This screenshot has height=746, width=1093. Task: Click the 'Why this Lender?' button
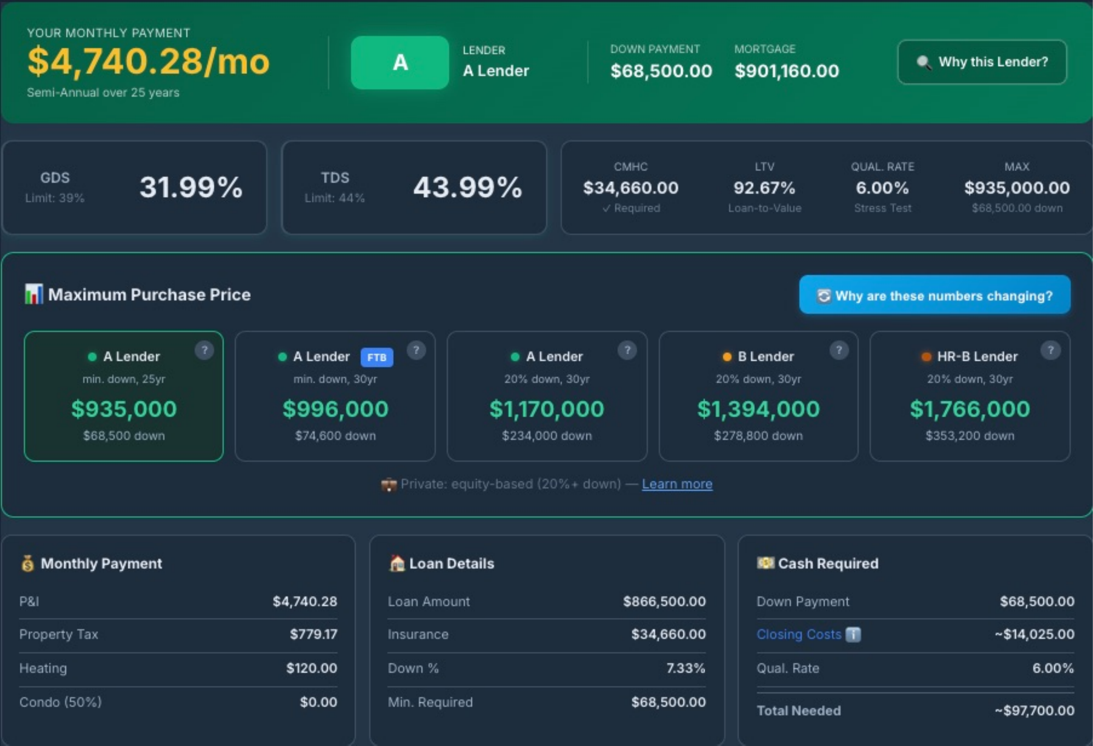tap(982, 62)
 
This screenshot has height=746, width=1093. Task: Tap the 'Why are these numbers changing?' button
tap(935, 295)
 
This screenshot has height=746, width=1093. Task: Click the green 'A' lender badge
tap(400, 62)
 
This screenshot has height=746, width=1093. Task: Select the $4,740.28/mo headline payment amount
tap(148, 62)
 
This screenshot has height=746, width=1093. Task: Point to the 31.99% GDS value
tap(191, 187)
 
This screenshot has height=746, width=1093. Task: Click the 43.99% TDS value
tap(468, 187)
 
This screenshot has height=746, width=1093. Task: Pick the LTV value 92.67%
tap(764, 188)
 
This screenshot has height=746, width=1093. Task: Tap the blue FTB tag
tap(377, 357)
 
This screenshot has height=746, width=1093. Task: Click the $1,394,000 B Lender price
tap(758, 409)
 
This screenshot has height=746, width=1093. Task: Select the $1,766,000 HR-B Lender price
tap(970, 409)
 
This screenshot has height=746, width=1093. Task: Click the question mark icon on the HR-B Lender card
tap(1050, 350)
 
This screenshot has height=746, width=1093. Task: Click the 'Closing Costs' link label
tap(799, 634)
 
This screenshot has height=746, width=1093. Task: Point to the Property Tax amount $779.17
tap(313, 634)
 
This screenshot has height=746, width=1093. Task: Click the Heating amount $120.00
tap(311, 668)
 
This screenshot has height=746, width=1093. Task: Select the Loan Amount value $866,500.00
tap(664, 602)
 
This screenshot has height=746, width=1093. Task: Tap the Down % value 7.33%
tap(686, 668)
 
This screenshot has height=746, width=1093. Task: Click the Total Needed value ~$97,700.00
tap(1034, 711)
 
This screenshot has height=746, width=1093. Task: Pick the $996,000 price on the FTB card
tap(335, 409)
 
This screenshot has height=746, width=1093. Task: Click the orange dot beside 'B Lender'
tap(727, 357)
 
